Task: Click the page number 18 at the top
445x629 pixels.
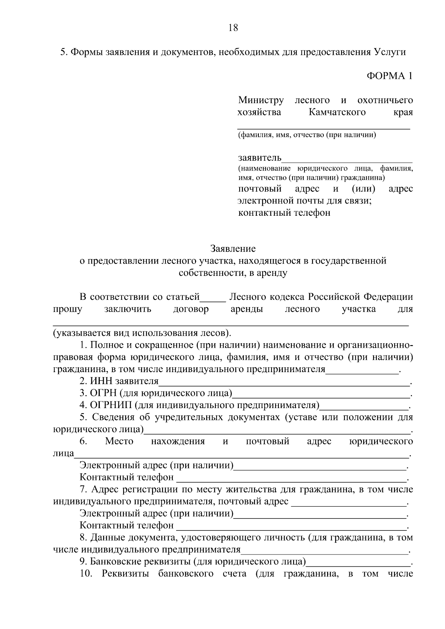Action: (233, 28)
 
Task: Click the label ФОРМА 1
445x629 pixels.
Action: (389, 76)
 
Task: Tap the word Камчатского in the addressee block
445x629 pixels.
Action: (337, 112)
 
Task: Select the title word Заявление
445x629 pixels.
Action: (233, 248)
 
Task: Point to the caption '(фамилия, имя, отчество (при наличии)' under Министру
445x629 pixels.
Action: (307, 135)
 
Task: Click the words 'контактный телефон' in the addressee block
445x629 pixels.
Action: (284, 213)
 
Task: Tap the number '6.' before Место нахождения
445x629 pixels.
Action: (83, 441)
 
